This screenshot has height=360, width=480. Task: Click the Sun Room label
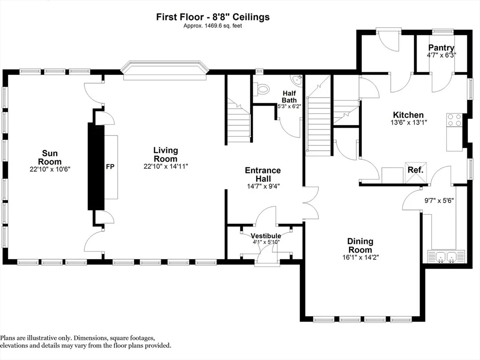point(50,157)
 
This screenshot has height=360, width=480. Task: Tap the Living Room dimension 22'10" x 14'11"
point(165,166)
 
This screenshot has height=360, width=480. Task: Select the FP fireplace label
point(110,167)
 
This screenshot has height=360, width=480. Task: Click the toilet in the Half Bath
point(262,90)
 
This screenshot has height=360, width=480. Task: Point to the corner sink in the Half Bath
point(296,80)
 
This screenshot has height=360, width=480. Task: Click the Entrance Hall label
point(263,174)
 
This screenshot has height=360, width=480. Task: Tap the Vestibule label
point(266,236)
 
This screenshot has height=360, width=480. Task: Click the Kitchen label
point(408,115)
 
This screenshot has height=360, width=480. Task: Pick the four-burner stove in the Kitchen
point(454,120)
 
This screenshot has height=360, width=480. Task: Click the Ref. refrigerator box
point(415,172)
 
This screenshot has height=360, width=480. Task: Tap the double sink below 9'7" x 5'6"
point(446,256)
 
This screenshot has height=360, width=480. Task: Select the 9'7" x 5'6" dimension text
point(439,201)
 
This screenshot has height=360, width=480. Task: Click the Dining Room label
point(360,246)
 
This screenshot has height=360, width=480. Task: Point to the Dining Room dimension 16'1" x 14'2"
point(360,257)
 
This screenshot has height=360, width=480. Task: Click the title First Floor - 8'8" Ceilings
point(213,17)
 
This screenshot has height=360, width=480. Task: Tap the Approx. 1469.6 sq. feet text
point(213,26)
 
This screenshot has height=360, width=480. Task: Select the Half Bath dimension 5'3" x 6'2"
point(289,106)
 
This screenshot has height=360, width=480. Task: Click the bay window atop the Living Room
point(165,71)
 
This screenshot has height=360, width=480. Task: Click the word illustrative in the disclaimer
point(42,338)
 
